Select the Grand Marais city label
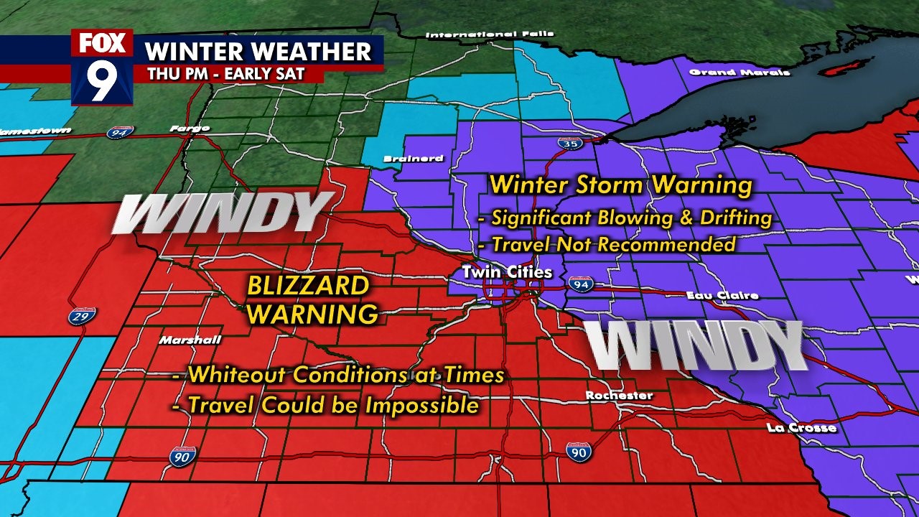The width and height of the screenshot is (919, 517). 739,72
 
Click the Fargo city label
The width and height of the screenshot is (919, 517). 190,128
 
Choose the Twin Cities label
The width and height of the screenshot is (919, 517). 507,272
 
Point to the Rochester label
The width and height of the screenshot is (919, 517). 619,395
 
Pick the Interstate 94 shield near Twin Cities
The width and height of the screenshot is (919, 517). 579,284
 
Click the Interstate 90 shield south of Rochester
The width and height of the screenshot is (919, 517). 579,452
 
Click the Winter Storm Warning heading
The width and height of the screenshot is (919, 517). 620,186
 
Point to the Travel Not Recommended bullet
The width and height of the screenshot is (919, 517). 607,245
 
